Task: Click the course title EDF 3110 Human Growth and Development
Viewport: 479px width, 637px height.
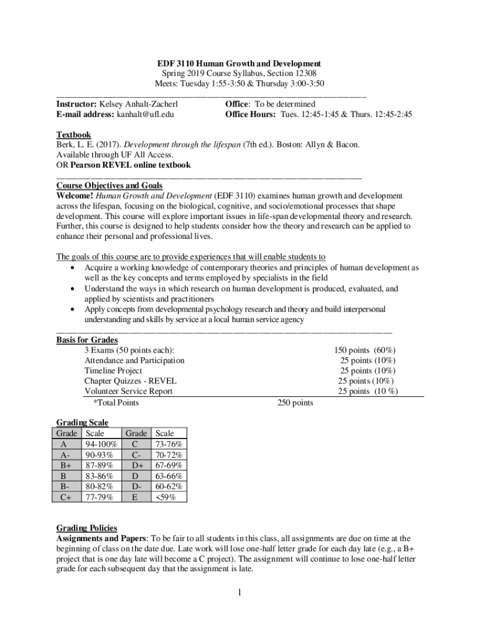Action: (239, 63)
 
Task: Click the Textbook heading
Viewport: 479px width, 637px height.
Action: (73, 134)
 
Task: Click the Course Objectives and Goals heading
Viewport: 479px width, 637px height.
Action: (109, 185)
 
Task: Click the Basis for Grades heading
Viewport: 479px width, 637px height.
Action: (87, 340)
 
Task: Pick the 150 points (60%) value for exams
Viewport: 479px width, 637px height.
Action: (365, 350)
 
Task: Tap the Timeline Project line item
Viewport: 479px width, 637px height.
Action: (113, 371)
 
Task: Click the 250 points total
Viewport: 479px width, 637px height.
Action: (295, 402)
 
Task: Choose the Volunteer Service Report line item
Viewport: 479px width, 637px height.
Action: (129, 391)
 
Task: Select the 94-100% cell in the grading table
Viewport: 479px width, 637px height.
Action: (99, 444)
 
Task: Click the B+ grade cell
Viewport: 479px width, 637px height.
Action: (66, 465)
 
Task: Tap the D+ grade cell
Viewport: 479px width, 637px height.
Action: (136, 465)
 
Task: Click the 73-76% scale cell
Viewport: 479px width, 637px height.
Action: (169, 444)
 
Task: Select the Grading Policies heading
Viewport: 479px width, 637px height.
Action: (86, 528)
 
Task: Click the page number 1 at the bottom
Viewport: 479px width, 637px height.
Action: (238, 592)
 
